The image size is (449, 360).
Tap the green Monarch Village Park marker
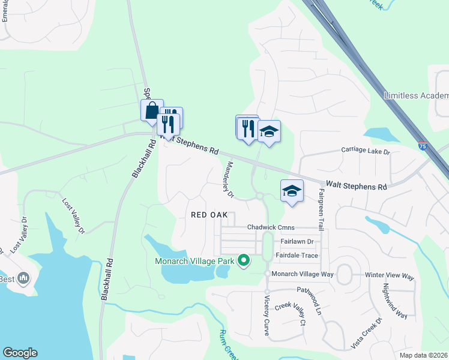(243, 260)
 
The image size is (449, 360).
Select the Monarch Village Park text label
(194, 260)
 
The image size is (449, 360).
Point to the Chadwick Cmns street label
(271, 227)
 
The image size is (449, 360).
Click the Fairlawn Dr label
(297, 241)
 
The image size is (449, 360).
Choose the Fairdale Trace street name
(297, 255)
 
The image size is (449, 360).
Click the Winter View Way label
(390, 276)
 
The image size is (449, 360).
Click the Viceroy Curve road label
(267, 316)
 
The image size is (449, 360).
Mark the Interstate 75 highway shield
(423, 145)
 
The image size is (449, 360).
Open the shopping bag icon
(152, 110)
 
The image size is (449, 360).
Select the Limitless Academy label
(416, 96)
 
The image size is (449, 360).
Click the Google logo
(20, 353)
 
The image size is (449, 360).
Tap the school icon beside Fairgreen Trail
(292, 191)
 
